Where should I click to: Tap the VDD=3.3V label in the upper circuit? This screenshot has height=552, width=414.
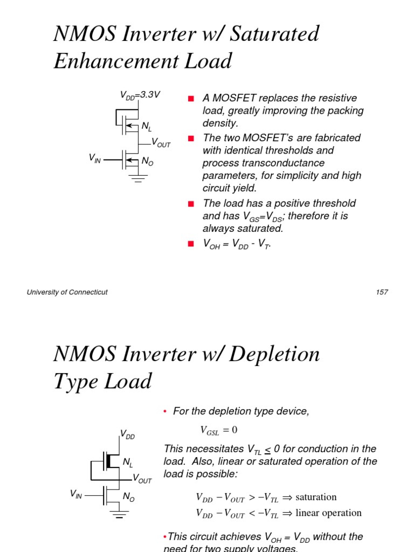[140, 95]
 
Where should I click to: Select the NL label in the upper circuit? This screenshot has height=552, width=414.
[147, 127]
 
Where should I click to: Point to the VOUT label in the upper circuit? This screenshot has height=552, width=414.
[161, 143]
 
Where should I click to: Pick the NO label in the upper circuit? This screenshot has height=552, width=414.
[147, 161]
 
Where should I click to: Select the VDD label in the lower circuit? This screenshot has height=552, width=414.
[127, 434]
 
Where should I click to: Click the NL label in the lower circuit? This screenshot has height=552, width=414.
[128, 463]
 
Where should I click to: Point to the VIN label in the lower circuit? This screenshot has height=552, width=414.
[76, 494]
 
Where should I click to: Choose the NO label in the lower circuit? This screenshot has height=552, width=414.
[128, 498]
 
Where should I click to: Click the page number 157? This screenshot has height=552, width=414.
[382, 292]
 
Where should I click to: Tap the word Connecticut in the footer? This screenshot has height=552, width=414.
[85, 292]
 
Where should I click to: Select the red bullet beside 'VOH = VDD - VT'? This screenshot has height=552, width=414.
[190, 244]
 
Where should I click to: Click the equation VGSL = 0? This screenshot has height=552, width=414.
[219, 430]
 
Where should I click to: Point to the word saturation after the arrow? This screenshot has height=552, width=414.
[316, 497]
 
